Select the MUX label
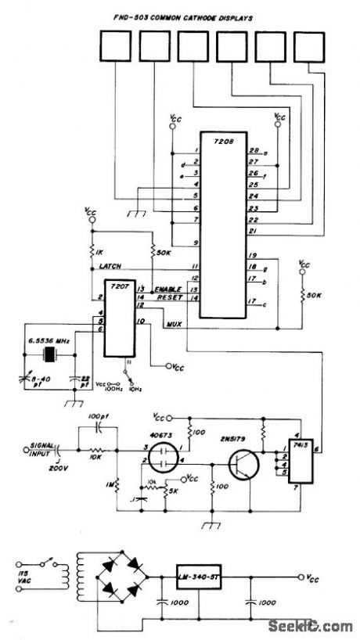(x=174, y=323)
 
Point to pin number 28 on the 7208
(x=253, y=151)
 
